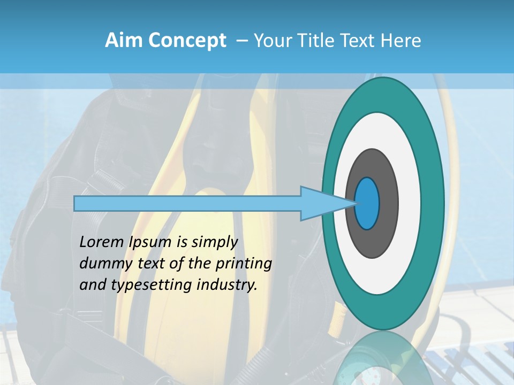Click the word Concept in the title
click(187, 40)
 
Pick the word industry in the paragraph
click(227, 285)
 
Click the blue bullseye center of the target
click(367, 204)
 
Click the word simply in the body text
click(214, 243)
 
